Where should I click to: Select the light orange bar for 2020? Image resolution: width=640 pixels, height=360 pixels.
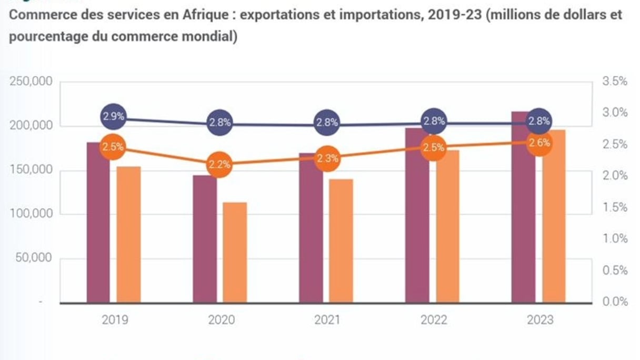(235, 253)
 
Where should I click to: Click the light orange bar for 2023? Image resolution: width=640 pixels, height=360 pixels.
(554, 216)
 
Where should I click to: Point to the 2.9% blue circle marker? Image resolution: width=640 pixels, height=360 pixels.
(113, 117)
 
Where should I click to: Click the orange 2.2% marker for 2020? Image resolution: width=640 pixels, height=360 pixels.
(219, 164)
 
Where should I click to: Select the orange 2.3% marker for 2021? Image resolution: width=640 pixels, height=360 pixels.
(327, 158)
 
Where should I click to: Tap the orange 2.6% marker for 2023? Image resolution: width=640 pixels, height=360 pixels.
(539, 142)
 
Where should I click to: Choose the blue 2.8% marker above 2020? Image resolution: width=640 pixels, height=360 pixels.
(219, 122)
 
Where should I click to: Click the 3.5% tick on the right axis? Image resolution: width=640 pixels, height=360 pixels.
(615, 82)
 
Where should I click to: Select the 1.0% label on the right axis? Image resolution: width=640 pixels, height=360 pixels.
(615, 238)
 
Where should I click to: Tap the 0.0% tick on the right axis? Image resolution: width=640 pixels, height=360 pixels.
(615, 302)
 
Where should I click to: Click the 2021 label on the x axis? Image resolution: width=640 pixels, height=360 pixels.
(327, 320)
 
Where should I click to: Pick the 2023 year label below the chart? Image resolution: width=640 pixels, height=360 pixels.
(539, 320)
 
